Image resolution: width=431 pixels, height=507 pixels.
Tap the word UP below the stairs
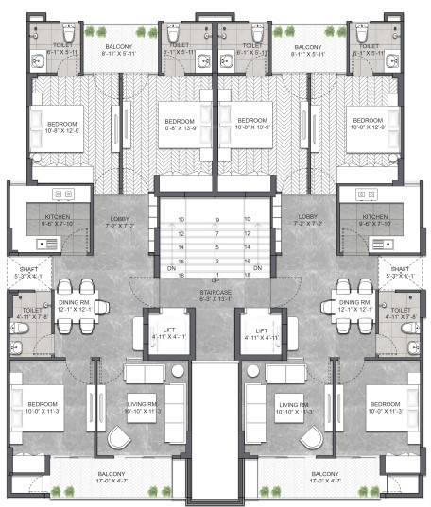tap(216, 281)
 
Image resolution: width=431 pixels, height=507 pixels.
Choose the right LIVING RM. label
tap(295, 409)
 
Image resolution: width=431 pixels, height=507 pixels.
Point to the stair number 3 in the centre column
tap(217, 260)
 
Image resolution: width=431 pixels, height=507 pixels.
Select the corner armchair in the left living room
tap(119, 438)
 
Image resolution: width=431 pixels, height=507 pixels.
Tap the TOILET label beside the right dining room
tap(400, 313)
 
